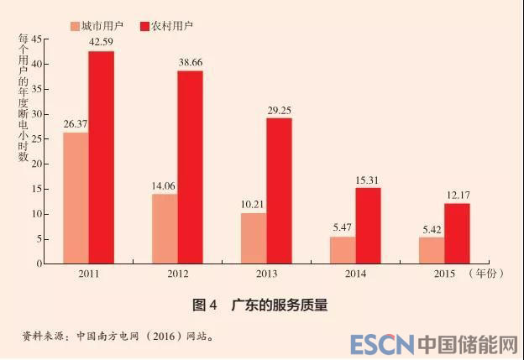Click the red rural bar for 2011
coord(102,157)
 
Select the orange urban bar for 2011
coord(76,198)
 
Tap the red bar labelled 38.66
coord(191,167)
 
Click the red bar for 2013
coord(279,190)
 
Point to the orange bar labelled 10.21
coord(254,238)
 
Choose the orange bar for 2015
coord(432,250)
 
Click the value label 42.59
coord(101,43)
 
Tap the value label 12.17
coord(457,195)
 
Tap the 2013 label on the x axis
coord(266,273)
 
